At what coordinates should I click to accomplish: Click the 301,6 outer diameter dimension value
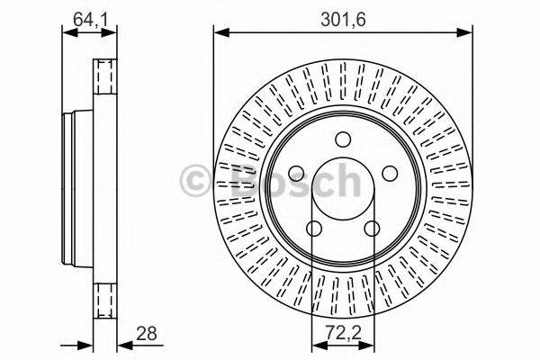(343, 17)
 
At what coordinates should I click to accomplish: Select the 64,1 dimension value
(86, 17)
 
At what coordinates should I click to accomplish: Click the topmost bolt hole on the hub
(342, 139)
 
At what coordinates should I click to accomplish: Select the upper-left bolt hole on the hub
(296, 173)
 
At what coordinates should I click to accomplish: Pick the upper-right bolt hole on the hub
(388, 173)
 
